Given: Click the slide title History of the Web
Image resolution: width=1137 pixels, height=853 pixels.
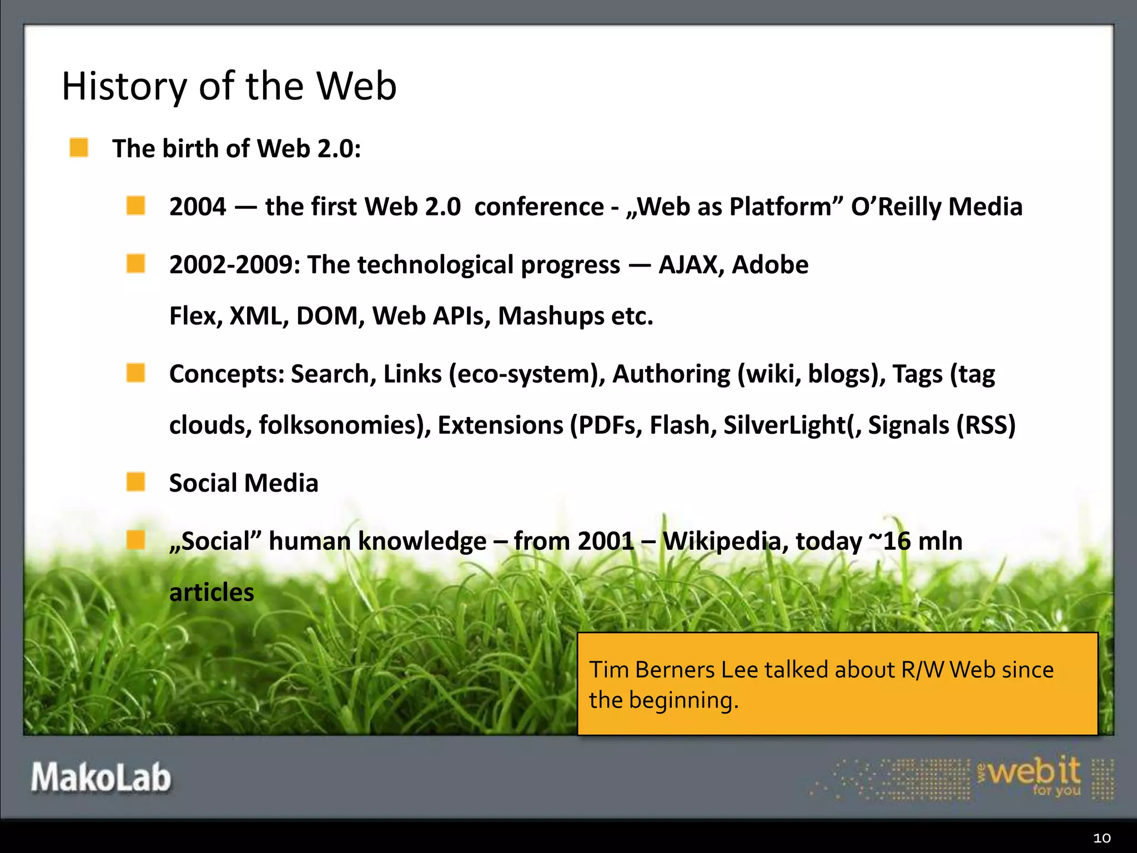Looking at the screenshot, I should pos(229,86).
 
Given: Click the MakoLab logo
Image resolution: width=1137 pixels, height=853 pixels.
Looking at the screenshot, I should pos(100,777).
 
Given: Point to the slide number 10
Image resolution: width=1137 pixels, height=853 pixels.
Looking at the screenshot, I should pos(1101,838).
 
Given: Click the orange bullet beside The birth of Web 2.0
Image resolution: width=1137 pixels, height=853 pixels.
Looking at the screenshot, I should pos(79,148).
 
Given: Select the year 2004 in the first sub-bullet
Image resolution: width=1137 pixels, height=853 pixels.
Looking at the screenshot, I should pos(198,207).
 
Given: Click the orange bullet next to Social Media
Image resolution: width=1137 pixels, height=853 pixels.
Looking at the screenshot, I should pos(135,482).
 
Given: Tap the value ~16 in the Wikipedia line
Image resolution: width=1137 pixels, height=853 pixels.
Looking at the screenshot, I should pos(889,541).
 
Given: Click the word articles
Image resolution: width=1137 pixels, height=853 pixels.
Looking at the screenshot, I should pos(212,593).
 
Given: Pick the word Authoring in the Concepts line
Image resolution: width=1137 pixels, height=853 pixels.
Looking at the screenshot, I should pos(671,374).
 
